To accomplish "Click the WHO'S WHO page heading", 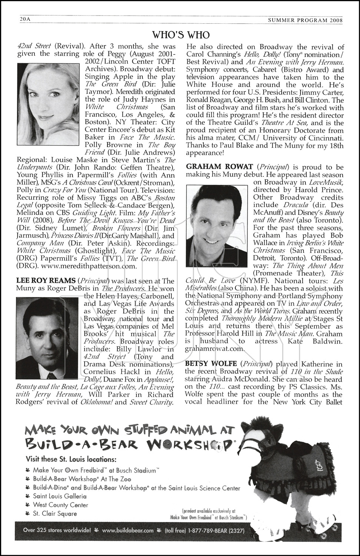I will [181, 35].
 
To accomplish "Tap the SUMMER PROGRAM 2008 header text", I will [305, 21].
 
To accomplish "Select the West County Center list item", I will [60, 505].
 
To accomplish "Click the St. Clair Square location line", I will [55, 514].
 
